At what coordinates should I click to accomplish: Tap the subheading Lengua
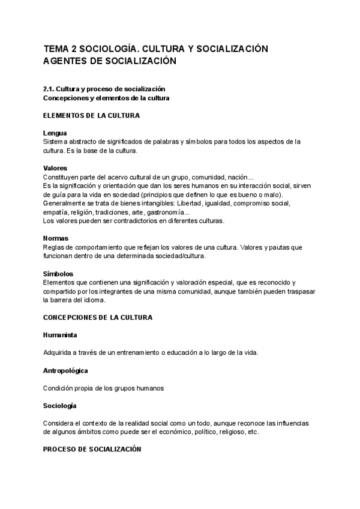click(55, 133)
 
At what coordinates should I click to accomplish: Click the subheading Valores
click(55, 168)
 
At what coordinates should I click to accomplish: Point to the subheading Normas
click(56, 238)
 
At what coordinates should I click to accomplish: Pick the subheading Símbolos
click(58, 274)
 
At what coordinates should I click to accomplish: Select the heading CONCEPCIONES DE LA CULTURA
click(98, 316)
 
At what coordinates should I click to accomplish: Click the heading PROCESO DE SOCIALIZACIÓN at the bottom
click(92, 448)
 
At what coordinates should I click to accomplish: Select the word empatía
click(55, 212)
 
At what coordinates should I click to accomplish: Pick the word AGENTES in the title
click(66, 61)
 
